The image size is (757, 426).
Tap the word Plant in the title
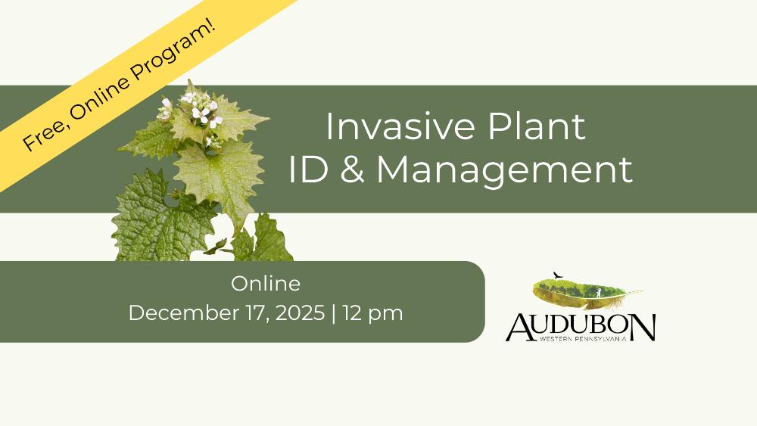click(x=537, y=126)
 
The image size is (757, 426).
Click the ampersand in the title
click(x=352, y=169)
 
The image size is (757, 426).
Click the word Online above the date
click(x=266, y=284)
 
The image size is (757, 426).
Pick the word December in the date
click(x=184, y=313)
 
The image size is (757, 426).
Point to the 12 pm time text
click(x=372, y=313)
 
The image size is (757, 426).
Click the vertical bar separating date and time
click(x=334, y=313)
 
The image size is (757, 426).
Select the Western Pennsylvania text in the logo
click(x=583, y=339)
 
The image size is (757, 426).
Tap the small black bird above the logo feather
click(x=558, y=275)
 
